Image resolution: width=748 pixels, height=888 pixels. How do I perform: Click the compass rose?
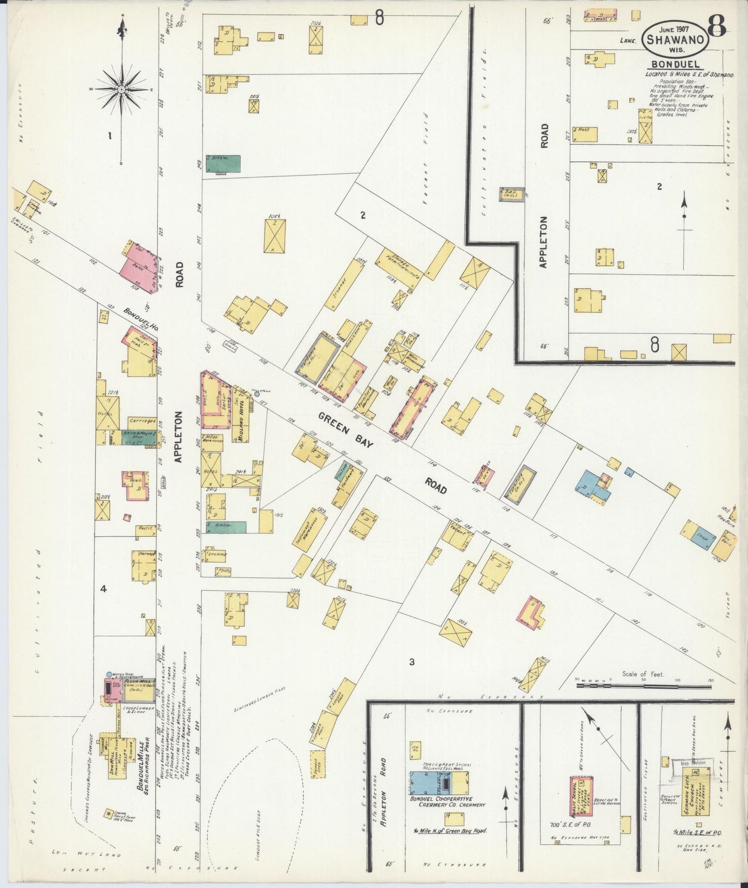tap(121, 89)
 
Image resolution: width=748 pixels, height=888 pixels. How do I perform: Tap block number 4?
tap(104, 589)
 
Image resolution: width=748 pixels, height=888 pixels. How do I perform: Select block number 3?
tap(412, 662)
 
